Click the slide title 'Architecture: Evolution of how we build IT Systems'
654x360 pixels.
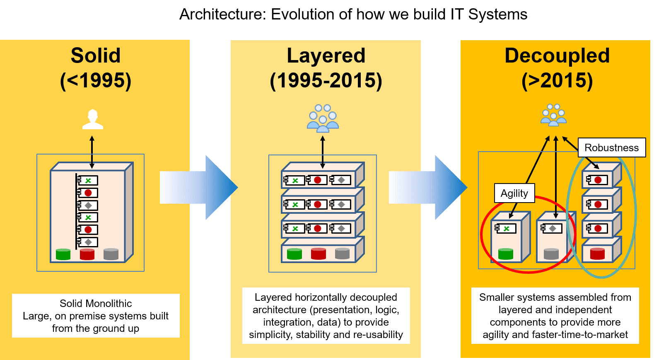pyautogui.click(x=353, y=14)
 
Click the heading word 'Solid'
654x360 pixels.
pyautogui.click(x=95, y=56)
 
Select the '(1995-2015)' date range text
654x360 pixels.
pyautogui.click(x=326, y=80)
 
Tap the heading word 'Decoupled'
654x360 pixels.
pyautogui.click(x=557, y=56)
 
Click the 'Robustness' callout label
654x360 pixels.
pyautogui.click(x=611, y=148)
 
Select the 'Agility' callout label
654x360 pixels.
pyautogui.click(x=514, y=193)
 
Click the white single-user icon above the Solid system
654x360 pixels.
pyautogui.click(x=92, y=119)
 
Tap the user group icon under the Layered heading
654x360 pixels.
pyautogui.click(x=323, y=118)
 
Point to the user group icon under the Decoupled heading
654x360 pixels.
pyautogui.click(x=553, y=115)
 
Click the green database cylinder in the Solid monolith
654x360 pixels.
pyautogui.click(x=63, y=254)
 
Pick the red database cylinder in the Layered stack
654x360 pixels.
pyautogui.click(x=318, y=254)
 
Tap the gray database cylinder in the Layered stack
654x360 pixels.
pyautogui.click(x=342, y=254)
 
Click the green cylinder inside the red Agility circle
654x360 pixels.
pyautogui.click(x=505, y=254)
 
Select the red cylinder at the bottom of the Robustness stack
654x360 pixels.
pyautogui.click(x=597, y=254)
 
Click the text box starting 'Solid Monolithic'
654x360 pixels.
pyautogui.click(x=96, y=316)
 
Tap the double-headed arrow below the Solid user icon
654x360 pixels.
pyautogui.click(x=92, y=152)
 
